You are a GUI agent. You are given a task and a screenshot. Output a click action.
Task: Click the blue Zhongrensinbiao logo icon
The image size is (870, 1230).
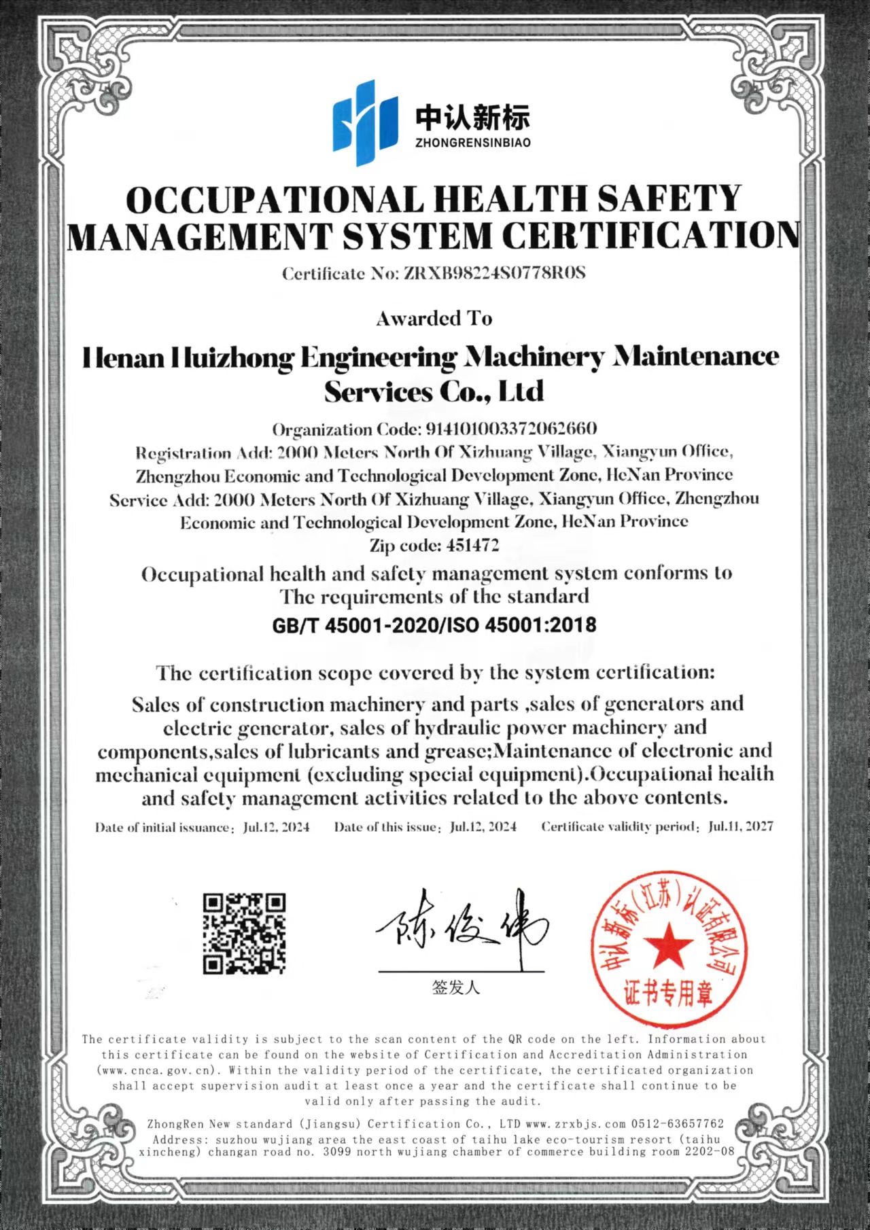pos(364,122)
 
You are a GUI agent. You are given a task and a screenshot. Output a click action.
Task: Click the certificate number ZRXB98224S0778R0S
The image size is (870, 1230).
pos(494,273)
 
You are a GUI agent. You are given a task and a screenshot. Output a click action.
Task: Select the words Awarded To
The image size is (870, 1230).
pos(434,318)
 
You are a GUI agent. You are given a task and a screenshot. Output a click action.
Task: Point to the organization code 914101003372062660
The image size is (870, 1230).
pos(510,429)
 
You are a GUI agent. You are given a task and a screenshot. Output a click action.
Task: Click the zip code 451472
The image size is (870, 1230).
pos(472,545)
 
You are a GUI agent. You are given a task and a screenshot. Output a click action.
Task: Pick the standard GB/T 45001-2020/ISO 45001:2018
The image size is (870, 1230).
pos(434,625)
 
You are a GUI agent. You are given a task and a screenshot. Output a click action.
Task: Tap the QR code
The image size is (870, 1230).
pos(245,933)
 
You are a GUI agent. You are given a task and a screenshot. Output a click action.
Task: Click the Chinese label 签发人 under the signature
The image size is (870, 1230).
pos(455,987)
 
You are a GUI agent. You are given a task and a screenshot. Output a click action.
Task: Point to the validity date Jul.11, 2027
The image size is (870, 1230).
pos(740,826)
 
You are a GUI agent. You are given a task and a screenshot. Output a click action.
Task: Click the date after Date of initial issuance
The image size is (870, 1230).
pos(276,827)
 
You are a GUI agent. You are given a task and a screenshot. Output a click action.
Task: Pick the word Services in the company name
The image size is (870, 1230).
pos(378,391)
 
